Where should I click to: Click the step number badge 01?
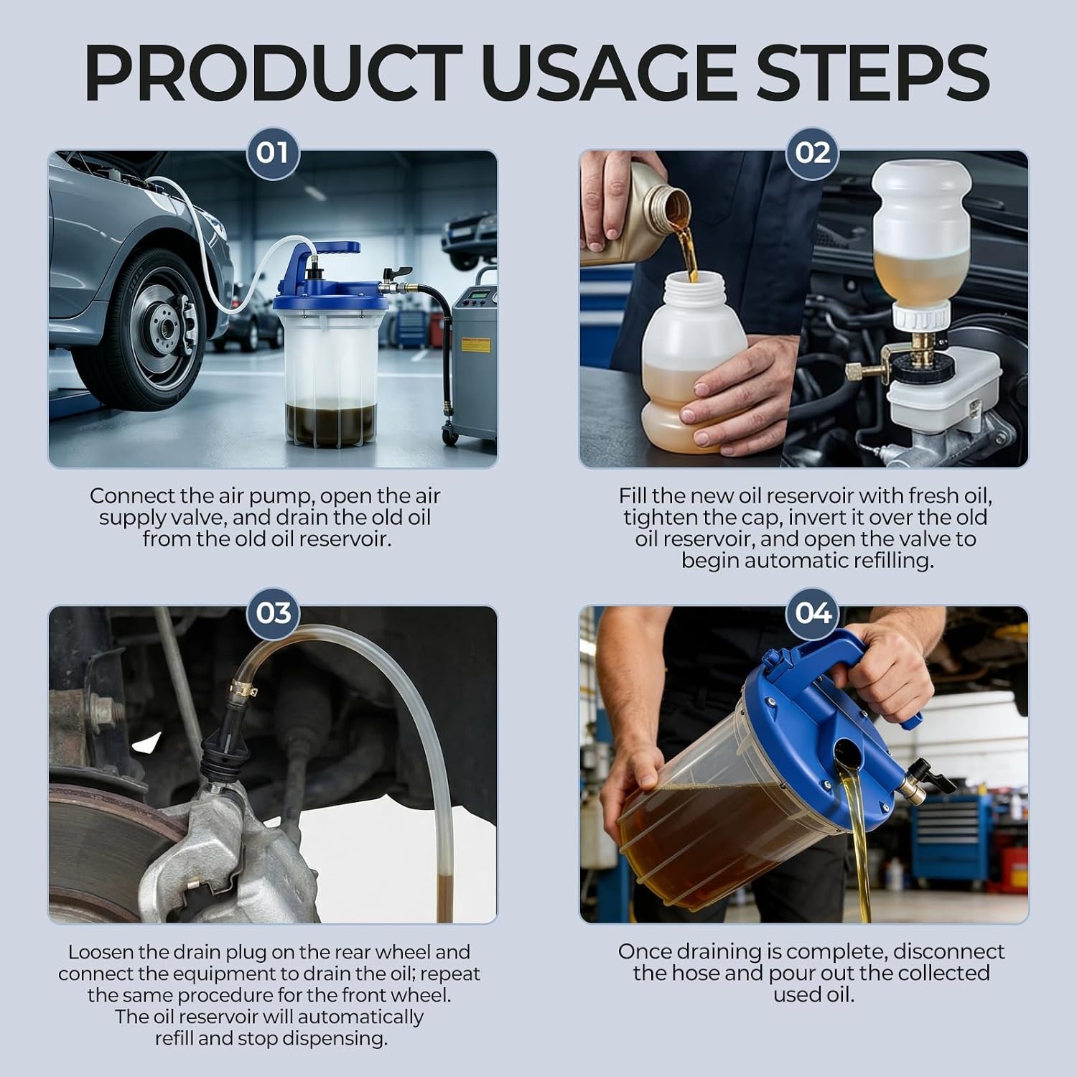click(272, 153)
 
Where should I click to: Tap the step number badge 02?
click(812, 153)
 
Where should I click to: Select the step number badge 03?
click(272, 612)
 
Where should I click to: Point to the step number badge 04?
click(812, 612)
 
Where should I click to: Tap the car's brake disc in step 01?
click(162, 327)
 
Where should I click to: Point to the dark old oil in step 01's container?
click(330, 424)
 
